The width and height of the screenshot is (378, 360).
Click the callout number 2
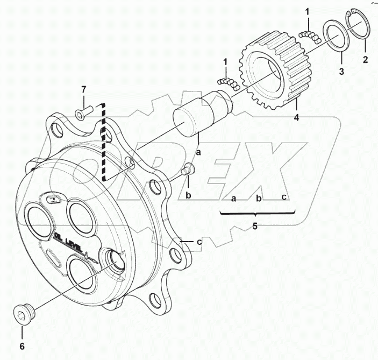tap(365, 60)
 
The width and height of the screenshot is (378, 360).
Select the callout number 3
tap(341, 70)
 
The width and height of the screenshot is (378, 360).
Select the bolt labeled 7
tap(83, 112)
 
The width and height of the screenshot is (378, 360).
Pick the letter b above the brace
tap(259, 199)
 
